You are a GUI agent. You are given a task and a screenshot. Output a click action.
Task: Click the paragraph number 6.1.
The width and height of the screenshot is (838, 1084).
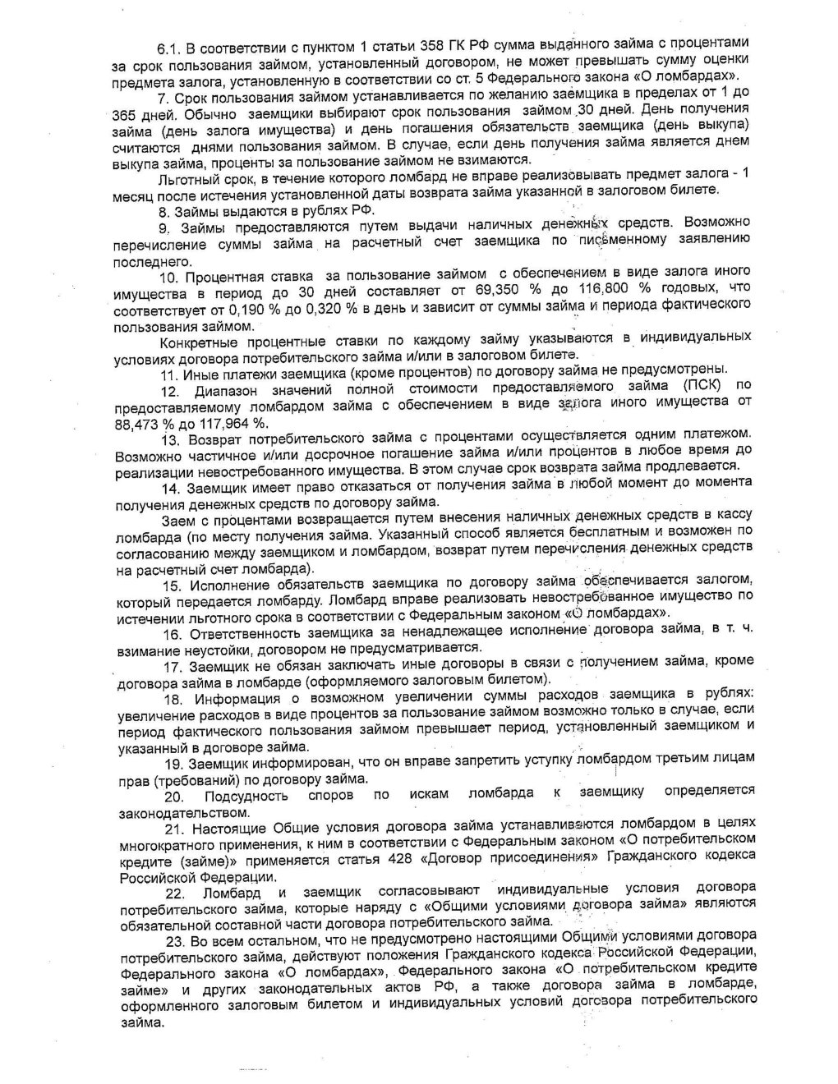coord(171,48)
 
